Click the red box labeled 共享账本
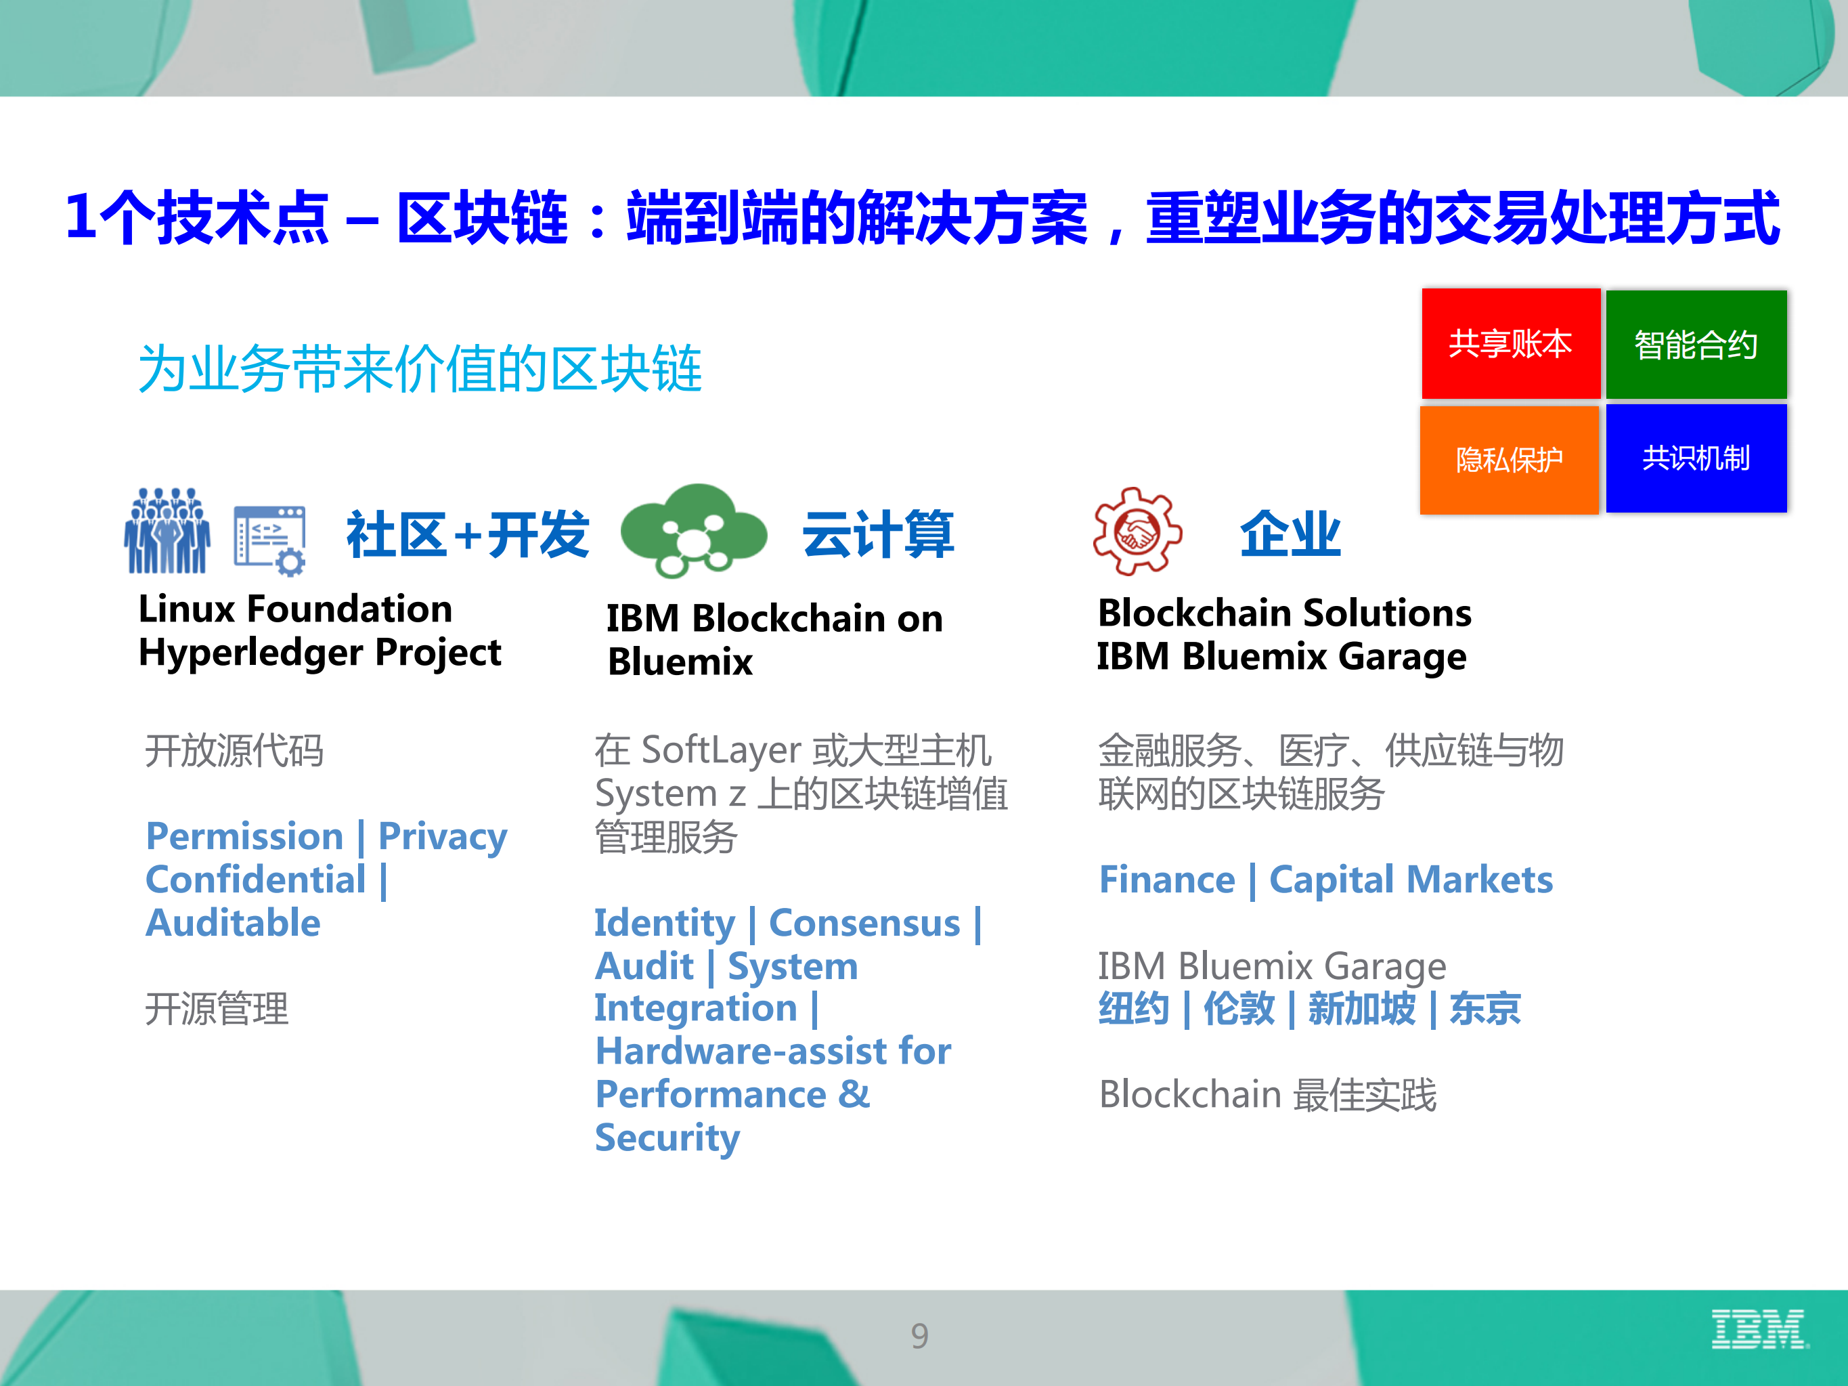pos(1510,343)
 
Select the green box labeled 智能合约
pos(1696,344)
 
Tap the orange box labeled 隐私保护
pos(1509,460)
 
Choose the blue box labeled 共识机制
pos(1696,458)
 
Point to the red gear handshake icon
pos(1137,532)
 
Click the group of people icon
pos(167,532)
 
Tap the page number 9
pos(919,1336)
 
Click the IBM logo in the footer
pos(1758,1329)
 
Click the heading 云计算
pos(877,535)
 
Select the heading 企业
pos(1290,535)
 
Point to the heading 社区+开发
pos(468,535)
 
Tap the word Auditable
pos(233,923)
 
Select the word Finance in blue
pos(1166,880)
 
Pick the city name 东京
pos(1484,1008)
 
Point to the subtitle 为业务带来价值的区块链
pos(420,368)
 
